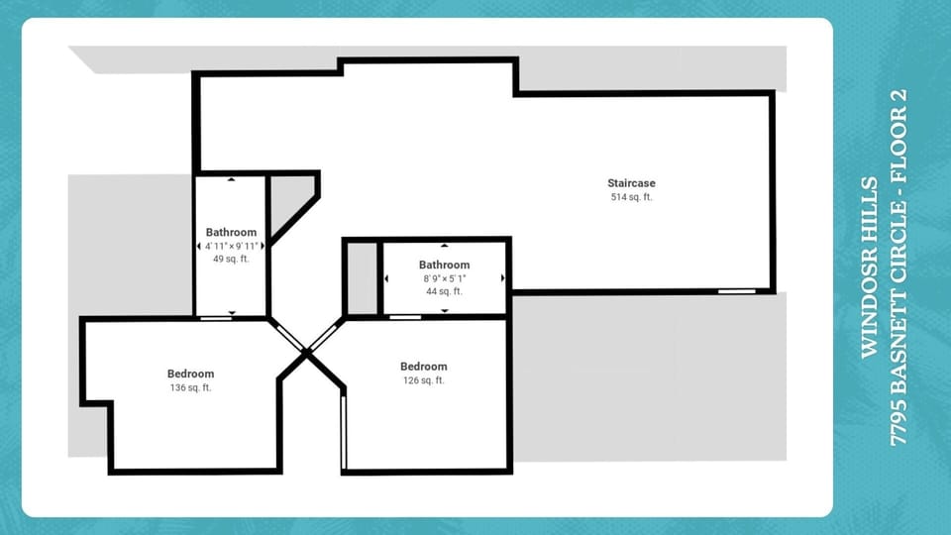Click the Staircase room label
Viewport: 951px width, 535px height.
coord(631,183)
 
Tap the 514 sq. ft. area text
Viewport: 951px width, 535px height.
coord(631,197)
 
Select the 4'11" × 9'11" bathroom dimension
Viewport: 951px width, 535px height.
coord(231,246)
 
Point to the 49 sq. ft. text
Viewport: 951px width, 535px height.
coord(231,259)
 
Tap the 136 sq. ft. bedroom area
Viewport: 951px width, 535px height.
coord(190,387)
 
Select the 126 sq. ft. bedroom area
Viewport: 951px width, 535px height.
coord(423,380)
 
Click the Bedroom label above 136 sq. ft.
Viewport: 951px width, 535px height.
coord(190,374)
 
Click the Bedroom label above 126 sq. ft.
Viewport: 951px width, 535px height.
coord(423,367)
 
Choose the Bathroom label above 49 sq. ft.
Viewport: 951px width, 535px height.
coord(231,232)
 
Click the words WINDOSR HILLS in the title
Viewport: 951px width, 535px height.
coord(869,267)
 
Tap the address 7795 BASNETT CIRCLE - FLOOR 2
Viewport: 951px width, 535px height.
coord(898,267)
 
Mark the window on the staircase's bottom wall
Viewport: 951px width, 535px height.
coord(734,291)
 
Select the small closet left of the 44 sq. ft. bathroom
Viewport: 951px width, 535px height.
coord(362,277)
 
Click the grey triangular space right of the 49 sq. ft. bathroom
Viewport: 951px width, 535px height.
coord(289,198)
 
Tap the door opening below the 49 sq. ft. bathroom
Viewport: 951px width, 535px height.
coord(216,318)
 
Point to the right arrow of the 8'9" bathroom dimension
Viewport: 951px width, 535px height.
coord(503,278)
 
